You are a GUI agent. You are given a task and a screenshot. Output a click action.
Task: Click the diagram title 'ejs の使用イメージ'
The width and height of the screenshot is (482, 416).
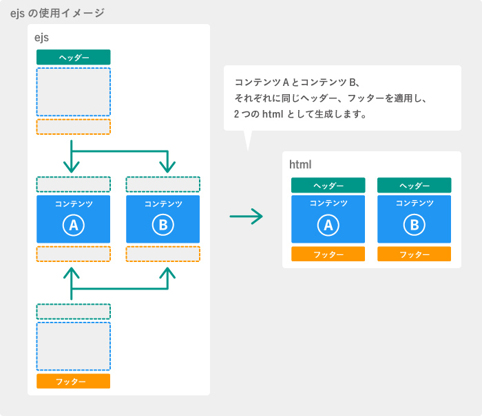point(57,13)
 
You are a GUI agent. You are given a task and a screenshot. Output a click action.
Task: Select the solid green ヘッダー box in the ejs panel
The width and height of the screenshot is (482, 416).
point(74,57)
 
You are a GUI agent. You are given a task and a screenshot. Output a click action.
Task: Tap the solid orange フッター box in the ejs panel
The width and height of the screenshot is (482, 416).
point(74,381)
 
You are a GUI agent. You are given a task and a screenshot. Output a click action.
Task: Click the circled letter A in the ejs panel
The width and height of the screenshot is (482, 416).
point(74,225)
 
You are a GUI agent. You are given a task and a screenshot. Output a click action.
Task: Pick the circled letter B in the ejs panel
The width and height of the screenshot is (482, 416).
point(163,225)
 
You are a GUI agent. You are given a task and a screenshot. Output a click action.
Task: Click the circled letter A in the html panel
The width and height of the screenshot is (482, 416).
point(328,225)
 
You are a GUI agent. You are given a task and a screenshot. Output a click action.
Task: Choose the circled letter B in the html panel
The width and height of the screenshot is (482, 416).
point(415,225)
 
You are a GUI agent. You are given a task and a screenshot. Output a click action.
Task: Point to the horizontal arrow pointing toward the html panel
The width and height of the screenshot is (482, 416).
point(247,217)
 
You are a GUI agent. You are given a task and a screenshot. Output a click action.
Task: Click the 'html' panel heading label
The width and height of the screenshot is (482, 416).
point(300,164)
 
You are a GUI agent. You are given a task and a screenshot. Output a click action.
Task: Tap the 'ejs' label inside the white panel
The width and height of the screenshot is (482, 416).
point(41,38)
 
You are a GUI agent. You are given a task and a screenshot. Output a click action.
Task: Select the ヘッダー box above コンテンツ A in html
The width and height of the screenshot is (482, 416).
point(328,185)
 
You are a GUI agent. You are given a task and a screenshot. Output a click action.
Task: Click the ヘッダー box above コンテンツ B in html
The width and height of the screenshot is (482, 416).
point(415,185)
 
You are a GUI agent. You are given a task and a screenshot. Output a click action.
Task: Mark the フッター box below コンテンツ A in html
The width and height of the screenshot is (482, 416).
point(328,254)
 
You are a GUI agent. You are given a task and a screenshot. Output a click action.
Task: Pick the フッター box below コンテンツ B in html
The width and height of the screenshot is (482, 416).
point(415,254)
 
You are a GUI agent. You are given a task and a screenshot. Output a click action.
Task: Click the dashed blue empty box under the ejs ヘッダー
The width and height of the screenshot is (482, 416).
point(74,92)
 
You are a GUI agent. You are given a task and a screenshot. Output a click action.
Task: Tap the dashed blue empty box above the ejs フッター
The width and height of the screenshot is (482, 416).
point(74,347)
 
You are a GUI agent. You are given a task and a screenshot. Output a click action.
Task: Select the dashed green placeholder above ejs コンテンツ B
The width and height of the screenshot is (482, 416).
point(163,184)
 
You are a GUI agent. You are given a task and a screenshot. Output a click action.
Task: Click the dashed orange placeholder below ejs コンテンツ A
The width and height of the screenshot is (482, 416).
point(74,254)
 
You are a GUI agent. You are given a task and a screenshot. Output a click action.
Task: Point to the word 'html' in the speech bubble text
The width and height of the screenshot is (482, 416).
point(273,114)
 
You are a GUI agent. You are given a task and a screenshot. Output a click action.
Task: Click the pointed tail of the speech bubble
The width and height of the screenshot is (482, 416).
point(248,151)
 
